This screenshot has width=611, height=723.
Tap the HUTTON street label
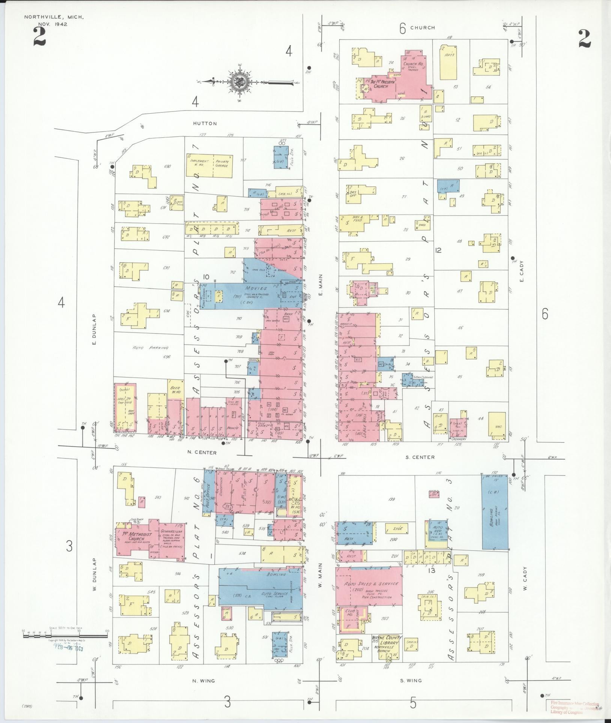click(205, 123)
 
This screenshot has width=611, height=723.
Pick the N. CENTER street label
click(202, 452)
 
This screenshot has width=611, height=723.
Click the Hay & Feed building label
click(358, 219)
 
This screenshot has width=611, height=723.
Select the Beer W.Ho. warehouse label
click(175, 390)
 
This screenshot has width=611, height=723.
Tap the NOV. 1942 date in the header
click(53, 24)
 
